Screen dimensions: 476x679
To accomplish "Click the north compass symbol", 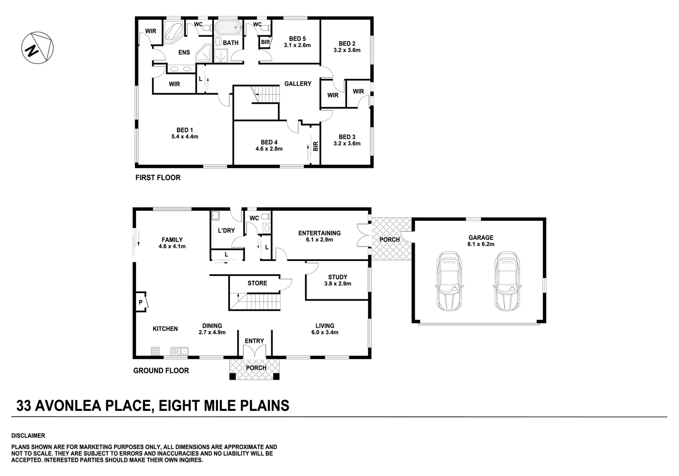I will [37, 48].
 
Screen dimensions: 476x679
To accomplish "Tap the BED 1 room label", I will [185, 130].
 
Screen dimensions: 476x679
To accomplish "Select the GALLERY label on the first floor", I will [298, 84].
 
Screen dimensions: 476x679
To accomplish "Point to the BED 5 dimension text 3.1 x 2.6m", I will [298, 45].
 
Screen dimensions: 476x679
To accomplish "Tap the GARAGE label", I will [481, 238].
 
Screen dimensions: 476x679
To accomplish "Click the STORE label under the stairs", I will [257, 283].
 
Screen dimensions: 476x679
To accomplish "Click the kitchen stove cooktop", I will [155, 351].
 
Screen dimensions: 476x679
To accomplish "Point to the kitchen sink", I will [179, 351].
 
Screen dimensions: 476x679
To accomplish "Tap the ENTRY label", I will [255, 341].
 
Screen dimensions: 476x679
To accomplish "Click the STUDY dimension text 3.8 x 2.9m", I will [338, 284].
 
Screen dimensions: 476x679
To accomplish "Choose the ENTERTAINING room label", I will [319, 233].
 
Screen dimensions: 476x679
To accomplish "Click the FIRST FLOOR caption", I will [158, 178].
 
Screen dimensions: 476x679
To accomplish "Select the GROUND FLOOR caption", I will [161, 371].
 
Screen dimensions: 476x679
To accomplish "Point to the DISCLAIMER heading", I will [28, 435].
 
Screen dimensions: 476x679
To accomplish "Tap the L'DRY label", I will [226, 231].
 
